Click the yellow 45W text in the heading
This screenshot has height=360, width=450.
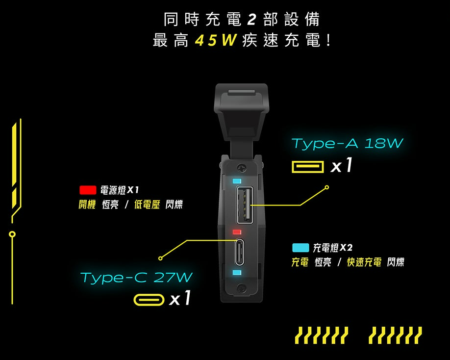click(x=216, y=40)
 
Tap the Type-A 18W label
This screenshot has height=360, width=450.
click(x=347, y=143)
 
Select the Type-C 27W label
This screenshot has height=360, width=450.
click(x=136, y=277)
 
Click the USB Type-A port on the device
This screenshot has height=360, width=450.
click(x=245, y=205)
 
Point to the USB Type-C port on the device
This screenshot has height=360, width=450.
click(x=240, y=252)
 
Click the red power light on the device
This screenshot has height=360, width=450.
click(x=237, y=231)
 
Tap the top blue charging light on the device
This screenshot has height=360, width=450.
click(x=237, y=181)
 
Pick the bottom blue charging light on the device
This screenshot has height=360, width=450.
click(x=237, y=272)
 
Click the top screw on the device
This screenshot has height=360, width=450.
click(x=241, y=168)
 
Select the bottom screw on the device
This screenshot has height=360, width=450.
click(x=242, y=288)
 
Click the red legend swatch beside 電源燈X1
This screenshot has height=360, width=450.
click(x=88, y=190)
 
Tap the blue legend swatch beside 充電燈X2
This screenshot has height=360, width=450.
click(x=300, y=248)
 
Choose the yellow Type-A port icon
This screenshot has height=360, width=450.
click(x=307, y=167)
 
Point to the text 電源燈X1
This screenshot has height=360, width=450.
click(x=120, y=190)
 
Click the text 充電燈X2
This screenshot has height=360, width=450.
click(x=332, y=248)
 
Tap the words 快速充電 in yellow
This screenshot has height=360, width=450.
click(x=364, y=262)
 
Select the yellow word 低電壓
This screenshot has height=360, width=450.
click(x=147, y=205)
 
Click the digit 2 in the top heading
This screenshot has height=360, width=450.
click(x=251, y=20)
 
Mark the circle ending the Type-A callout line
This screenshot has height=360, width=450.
click(x=326, y=187)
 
